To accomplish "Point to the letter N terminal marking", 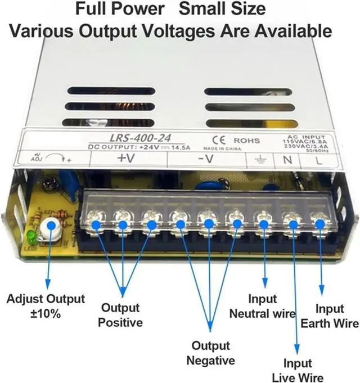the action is click(x=287, y=160).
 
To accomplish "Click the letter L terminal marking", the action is click(x=319, y=160).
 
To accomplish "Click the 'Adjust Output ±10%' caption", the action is click(x=46, y=305).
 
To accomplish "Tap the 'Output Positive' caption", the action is click(x=121, y=315).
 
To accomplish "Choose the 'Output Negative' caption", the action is click(x=211, y=353).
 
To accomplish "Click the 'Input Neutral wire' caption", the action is click(x=262, y=307).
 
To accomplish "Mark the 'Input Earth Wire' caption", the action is click(x=330, y=316).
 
